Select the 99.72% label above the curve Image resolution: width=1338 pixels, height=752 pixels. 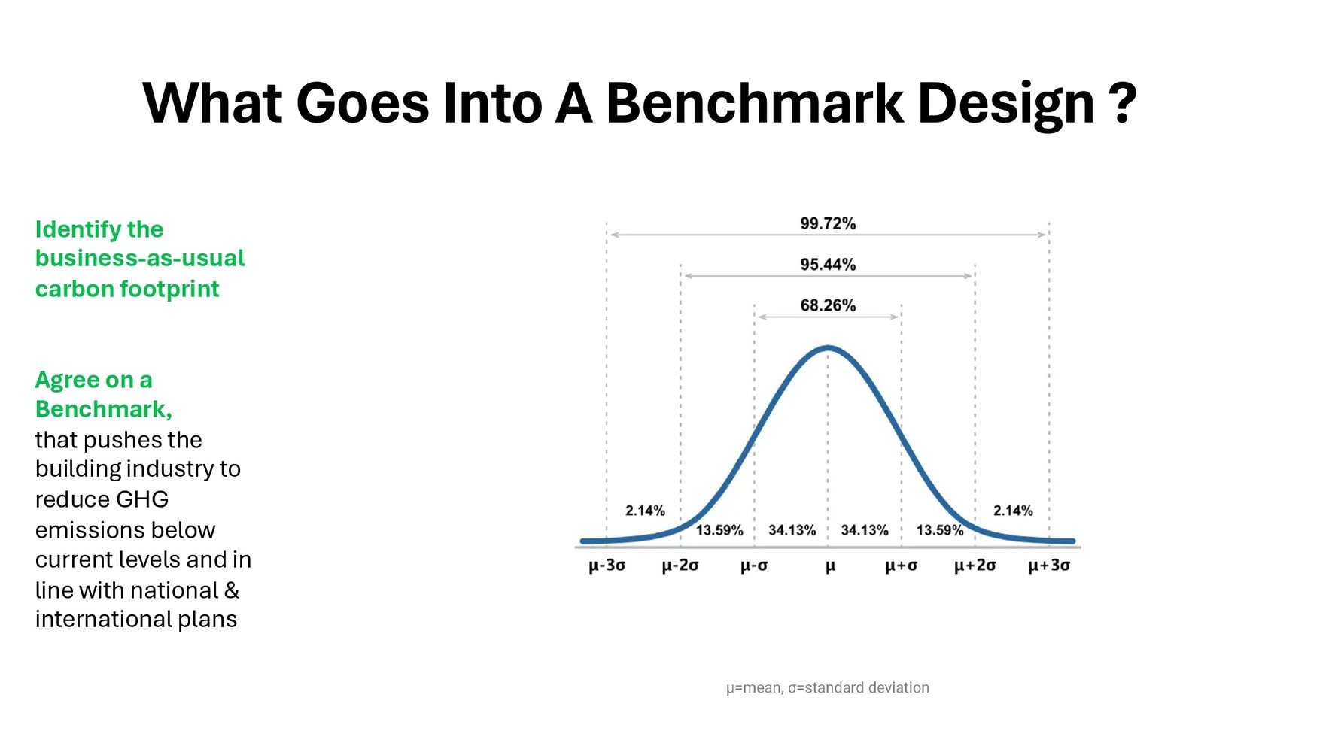pos(828,223)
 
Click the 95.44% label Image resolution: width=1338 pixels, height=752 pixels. pos(828,265)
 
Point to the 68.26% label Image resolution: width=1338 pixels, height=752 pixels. pos(828,305)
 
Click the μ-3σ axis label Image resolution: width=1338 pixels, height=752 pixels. pos(607,566)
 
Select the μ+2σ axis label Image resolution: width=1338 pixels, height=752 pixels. pos(975,566)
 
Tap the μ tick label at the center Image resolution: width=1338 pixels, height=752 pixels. pos(830,566)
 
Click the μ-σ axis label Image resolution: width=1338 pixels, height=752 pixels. pos(754,566)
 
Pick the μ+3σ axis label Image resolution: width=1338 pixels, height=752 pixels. pos(1049,566)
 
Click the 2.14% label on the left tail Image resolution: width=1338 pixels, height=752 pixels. pos(645,511)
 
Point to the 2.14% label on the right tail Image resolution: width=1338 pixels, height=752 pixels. pos(1013,511)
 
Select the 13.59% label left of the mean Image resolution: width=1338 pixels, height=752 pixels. pos(719,530)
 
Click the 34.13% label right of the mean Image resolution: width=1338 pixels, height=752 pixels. pos(865,530)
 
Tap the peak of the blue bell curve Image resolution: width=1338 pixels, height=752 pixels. pos(828,347)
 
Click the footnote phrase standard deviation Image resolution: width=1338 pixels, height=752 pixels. pos(866,687)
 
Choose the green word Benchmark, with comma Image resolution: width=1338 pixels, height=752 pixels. pos(103,409)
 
